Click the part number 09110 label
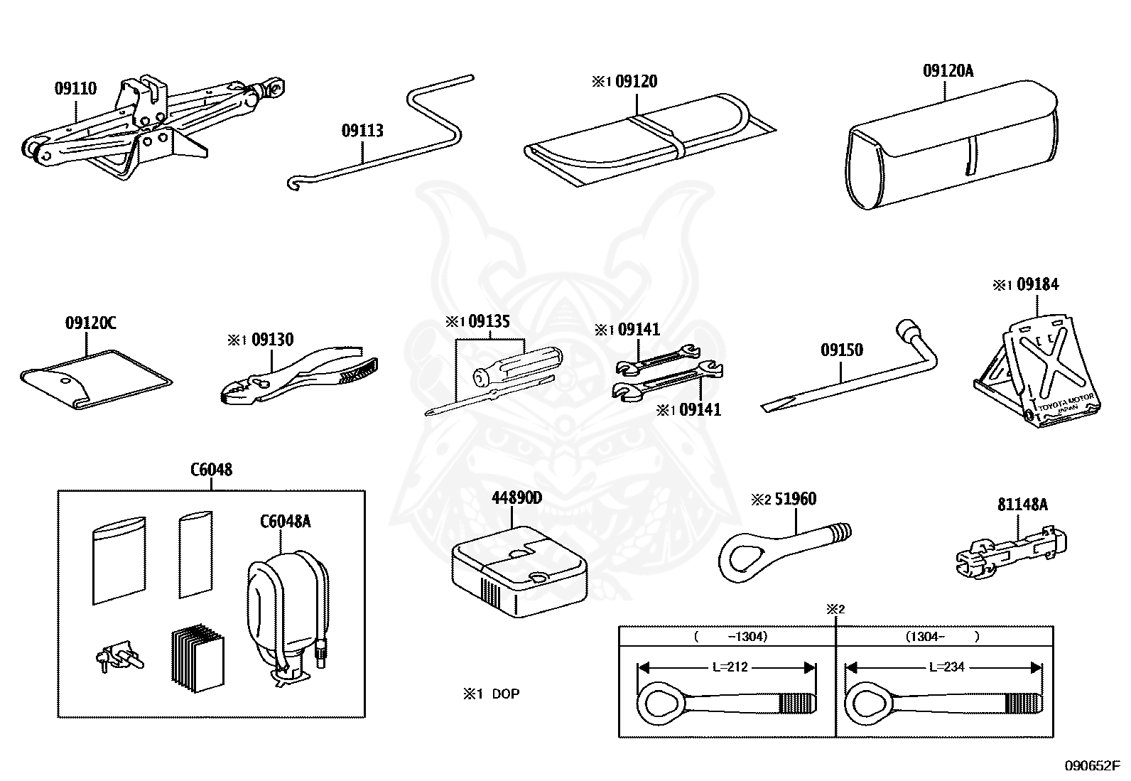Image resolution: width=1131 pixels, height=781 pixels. pos(76,89)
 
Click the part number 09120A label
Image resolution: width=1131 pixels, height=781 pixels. pos(948,71)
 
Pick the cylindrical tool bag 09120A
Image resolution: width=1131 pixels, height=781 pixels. pos(952,146)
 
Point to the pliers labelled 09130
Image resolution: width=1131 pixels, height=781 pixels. pos(298,377)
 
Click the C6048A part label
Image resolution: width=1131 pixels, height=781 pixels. pos(285,522)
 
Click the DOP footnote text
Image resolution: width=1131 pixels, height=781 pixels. pos(505,694)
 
